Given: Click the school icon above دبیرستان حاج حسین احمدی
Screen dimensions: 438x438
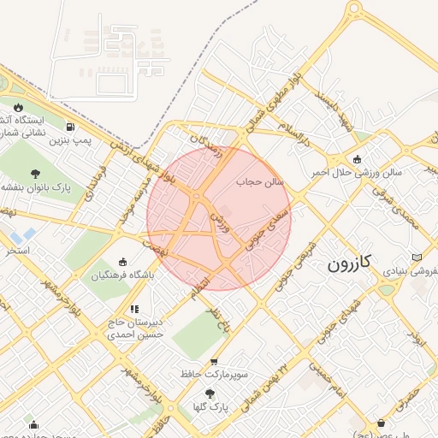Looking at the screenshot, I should (x=133, y=309).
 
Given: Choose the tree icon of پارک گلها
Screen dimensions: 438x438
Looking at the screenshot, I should (x=210, y=394).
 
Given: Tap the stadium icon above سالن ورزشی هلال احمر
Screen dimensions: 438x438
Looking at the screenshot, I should (x=357, y=159).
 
